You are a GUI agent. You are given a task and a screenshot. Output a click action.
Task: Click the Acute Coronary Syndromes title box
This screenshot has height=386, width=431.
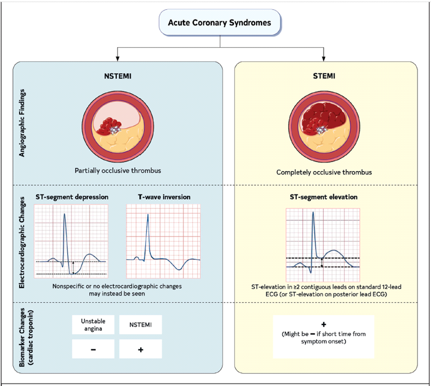coord(220,22)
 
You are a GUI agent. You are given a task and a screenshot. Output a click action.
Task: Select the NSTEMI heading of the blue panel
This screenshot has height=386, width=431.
coord(117,76)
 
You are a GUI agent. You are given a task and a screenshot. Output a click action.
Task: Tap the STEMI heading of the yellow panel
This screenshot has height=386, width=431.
coord(324,76)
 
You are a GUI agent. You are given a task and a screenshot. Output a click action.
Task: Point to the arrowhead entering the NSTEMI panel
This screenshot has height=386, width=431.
coord(117,58)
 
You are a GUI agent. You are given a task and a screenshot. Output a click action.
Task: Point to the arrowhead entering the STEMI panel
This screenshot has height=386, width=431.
coord(324,58)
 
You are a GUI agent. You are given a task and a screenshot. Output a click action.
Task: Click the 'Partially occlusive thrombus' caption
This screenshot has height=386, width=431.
coord(118,171)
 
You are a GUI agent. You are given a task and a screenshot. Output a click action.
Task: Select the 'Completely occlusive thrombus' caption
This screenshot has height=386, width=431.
coord(324,172)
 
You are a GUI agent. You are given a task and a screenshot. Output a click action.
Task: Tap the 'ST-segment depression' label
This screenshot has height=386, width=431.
coord(72,197)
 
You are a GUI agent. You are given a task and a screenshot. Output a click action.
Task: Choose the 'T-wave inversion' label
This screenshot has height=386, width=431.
coord(164,197)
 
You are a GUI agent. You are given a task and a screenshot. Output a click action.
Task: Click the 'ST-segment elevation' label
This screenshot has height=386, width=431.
coord(324,197)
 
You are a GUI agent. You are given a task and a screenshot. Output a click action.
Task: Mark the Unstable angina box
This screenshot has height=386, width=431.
coord(93,325)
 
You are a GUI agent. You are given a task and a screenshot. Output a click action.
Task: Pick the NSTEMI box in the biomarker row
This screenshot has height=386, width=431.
coord(140,325)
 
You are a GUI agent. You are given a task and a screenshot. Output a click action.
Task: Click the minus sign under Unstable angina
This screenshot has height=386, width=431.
coord(93,350)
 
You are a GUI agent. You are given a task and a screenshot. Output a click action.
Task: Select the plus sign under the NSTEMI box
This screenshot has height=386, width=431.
coord(140,350)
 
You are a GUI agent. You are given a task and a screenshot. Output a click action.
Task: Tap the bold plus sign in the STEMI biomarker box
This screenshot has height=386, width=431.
coord(324,324)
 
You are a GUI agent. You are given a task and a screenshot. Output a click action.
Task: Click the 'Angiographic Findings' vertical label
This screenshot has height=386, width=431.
coord(22,123)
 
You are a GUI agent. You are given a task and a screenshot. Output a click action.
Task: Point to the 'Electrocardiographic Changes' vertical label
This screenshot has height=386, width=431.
coord(22,243)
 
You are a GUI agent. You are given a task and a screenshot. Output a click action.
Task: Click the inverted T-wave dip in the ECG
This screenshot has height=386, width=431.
coord(179,269)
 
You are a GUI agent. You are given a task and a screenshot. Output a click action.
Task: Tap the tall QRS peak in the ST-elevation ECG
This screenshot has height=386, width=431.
coord(313,212)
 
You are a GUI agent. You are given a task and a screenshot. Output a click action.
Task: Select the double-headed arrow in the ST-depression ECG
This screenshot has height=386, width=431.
coord(73,268)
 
